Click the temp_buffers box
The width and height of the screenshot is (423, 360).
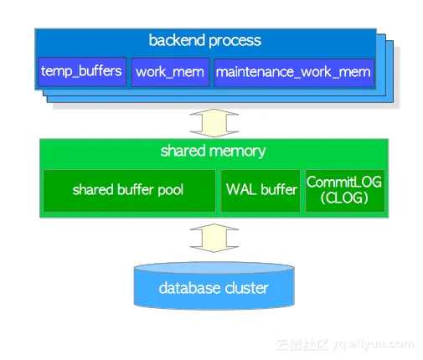click(82, 72)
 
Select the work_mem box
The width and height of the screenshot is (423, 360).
click(170, 72)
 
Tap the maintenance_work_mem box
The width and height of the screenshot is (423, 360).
click(294, 72)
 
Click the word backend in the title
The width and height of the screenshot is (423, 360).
click(177, 40)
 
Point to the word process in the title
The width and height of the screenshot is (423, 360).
click(235, 41)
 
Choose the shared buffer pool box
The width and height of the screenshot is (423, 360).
click(129, 191)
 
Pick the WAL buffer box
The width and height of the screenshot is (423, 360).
click(261, 191)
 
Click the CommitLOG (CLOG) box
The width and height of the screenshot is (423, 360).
click(345, 191)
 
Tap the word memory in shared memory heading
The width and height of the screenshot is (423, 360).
click(238, 152)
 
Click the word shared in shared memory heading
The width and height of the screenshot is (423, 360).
click(183, 151)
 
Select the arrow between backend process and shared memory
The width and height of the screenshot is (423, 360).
click(214, 123)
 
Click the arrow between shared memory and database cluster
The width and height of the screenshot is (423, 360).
click(214, 238)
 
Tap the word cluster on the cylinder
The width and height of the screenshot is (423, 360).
click(246, 288)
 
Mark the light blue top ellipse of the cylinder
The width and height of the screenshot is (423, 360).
click(214, 268)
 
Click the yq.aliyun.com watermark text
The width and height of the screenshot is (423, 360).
click(373, 344)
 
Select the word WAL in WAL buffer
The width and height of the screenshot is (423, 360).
click(241, 189)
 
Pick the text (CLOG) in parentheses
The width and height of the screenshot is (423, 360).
click(344, 198)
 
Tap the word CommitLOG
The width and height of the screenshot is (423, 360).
click(344, 182)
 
